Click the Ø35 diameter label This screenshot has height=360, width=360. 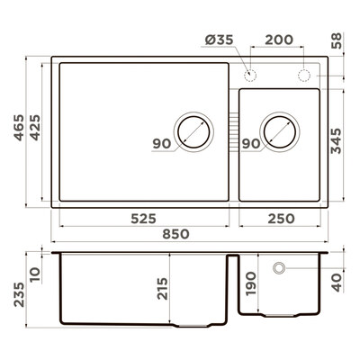click(219, 40)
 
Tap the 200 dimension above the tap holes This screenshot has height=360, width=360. click(279, 40)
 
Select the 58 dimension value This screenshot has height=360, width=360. click(337, 40)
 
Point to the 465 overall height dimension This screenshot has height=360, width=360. click(19, 127)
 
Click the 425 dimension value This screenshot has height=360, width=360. click(35, 127)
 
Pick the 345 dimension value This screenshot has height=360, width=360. click(336, 141)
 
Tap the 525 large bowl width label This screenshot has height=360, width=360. click(144, 219)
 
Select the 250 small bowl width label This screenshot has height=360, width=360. click(281, 219)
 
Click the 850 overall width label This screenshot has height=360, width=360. click(175, 234)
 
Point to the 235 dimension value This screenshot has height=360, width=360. click(19, 294)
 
